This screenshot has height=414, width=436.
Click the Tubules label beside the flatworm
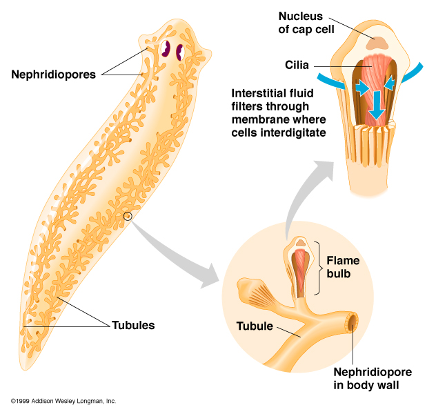[133, 324]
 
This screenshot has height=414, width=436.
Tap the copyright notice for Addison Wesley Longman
[63, 401]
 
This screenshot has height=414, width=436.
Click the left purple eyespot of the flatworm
[166, 50]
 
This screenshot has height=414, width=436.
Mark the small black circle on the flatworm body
[128, 216]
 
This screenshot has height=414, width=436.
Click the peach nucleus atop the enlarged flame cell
[377, 42]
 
